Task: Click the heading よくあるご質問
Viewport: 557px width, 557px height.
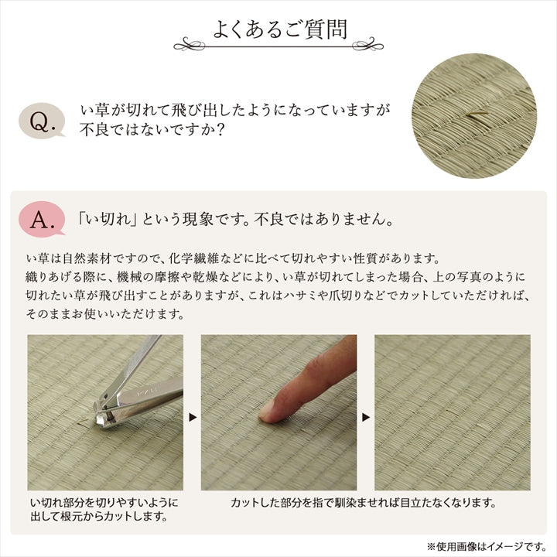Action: tap(279, 29)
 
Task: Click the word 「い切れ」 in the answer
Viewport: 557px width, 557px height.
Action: tap(104, 220)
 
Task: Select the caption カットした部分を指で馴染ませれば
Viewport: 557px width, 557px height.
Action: tap(363, 503)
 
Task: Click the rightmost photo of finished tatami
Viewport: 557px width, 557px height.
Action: tap(453, 412)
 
